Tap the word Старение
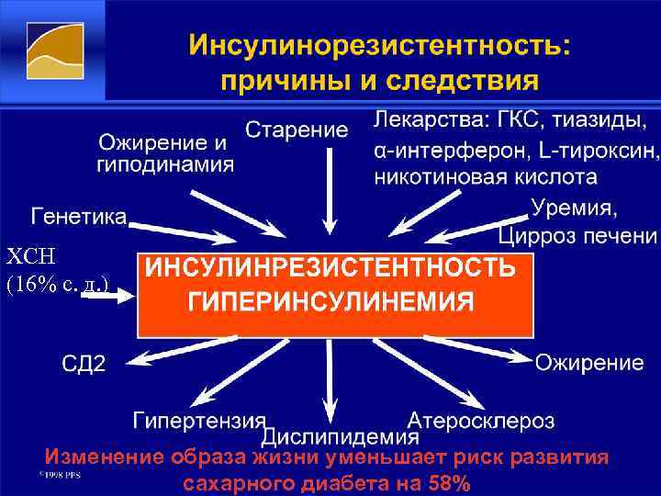(297, 130)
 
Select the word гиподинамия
(165, 166)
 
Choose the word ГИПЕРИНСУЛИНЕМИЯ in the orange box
(331, 302)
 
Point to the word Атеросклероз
(481, 421)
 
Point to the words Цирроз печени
(578, 236)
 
